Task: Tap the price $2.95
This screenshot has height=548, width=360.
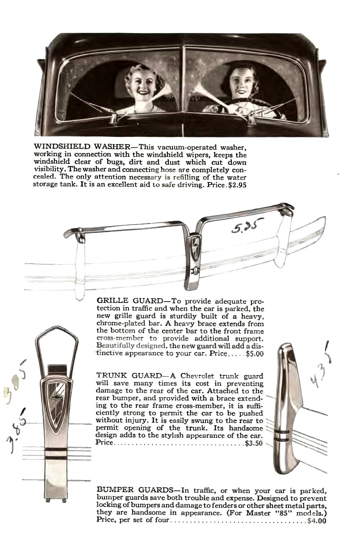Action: (237, 184)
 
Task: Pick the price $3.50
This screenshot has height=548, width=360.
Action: (254, 444)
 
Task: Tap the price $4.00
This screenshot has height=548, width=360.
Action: (317, 520)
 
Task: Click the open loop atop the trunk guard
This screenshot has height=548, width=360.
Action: (57, 346)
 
